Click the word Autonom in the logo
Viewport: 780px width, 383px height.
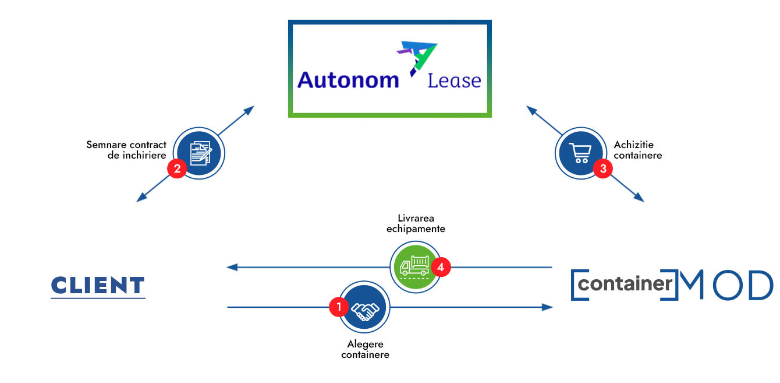click(x=348, y=80)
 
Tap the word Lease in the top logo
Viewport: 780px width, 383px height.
click(x=454, y=80)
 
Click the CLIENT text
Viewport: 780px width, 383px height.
click(x=98, y=286)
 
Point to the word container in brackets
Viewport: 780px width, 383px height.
click(x=625, y=284)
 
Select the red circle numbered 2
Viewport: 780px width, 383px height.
click(x=176, y=168)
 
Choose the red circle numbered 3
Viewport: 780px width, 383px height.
click(x=602, y=169)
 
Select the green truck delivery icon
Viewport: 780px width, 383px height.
click(x=416, y=266)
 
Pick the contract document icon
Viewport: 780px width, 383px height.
click(x=201, y=153)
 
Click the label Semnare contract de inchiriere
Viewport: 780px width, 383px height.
click(x=126, y=150)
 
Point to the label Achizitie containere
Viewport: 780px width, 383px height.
click(x=638, y=150)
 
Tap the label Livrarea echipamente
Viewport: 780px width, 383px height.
click(x=416, y=224)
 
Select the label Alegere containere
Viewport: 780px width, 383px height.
click(x=365, y=349)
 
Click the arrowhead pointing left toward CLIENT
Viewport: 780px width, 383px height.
click(x=232, y=268)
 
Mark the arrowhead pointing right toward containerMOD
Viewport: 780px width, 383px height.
click(x=547, y=307)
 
